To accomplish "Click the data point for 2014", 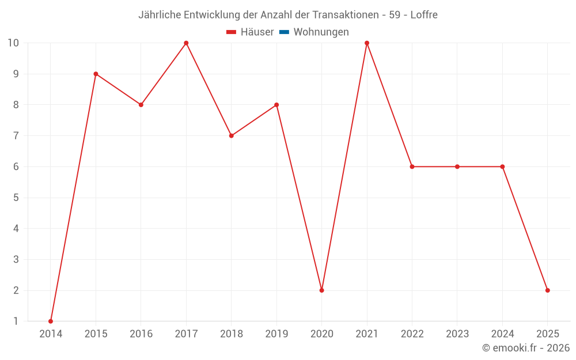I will (51, 321).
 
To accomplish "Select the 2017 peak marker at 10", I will (186, 43).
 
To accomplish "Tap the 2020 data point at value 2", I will (321, 290).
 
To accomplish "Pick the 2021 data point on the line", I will (367, 43).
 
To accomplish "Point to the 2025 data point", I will (547, 290).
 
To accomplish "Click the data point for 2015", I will (96, 74).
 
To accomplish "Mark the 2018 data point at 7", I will (231, 136).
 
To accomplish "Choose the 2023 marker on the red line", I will (457, 166).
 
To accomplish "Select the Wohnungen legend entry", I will (321, 32).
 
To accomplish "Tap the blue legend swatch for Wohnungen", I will (284, 32).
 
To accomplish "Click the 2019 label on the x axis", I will (276, 334).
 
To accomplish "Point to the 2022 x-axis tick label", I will (412, 334).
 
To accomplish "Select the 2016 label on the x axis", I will (141, 334).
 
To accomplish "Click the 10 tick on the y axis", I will (13, 43).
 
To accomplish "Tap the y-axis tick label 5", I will (16, 198).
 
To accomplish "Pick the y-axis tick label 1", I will (16, 321).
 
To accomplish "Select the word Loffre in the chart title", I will (423, 15).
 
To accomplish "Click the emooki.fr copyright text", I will (525, 348).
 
